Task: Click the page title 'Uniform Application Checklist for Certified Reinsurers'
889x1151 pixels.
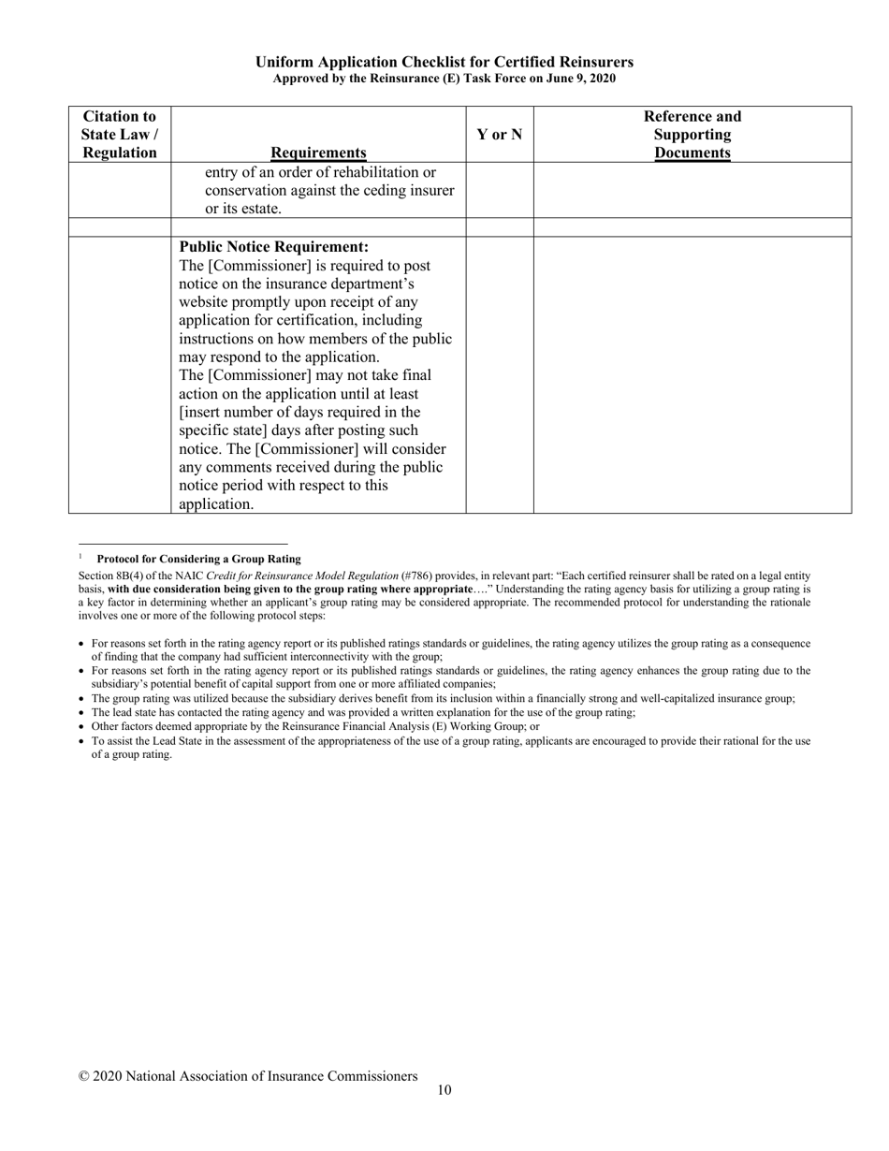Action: [x=444, y=62]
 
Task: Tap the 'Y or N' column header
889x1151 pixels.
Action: [x=499, y=135]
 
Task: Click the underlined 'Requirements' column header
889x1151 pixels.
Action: [x=318, y=153]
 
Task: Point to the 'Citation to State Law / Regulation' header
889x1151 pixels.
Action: [x=120, y=135]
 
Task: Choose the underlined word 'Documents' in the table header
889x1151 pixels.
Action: [x=692, y=153]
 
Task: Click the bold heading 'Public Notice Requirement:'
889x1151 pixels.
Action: [x=273, y=247]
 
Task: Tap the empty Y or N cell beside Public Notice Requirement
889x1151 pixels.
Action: [x=499, y=374]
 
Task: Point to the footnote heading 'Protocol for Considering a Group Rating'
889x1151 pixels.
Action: [x=198, y=559]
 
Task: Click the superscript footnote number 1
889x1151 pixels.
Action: [x=81, y=557]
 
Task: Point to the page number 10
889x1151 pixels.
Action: [x=444, y=1090]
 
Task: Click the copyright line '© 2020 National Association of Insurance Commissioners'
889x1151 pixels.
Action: [x=248, y=1076]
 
